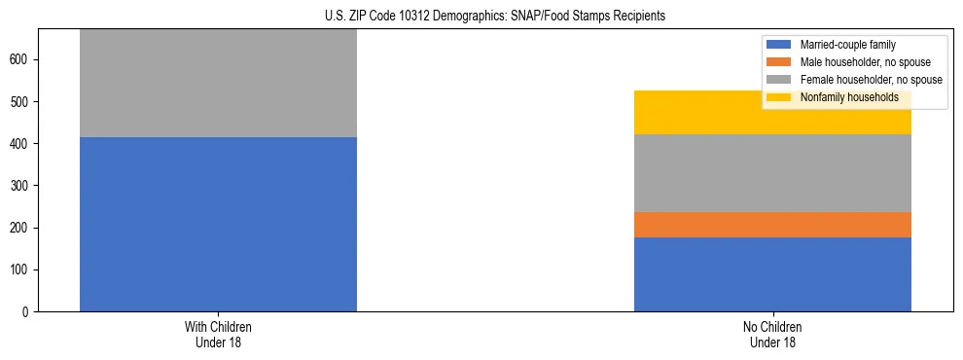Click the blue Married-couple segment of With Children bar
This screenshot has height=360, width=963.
tap(218, 224)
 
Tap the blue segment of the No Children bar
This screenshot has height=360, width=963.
tap(772, 274)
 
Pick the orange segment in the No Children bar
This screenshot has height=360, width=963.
tap(772, 225)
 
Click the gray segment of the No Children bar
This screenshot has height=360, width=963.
tap(772, 173)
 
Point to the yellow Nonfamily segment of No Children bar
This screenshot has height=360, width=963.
tap(772, 113)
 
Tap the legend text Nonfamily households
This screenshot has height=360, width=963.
tap(842, 98)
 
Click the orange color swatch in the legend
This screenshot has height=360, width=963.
tap(779, 63)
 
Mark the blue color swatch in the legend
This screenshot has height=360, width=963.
tap(779, 46)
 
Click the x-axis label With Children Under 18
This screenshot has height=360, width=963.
tap(218, 335)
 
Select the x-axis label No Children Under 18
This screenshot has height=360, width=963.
tap(772, 335)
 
